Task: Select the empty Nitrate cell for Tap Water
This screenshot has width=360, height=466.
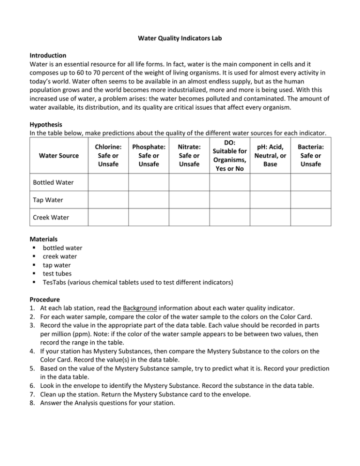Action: pyautogui.click(x=189, y=199)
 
